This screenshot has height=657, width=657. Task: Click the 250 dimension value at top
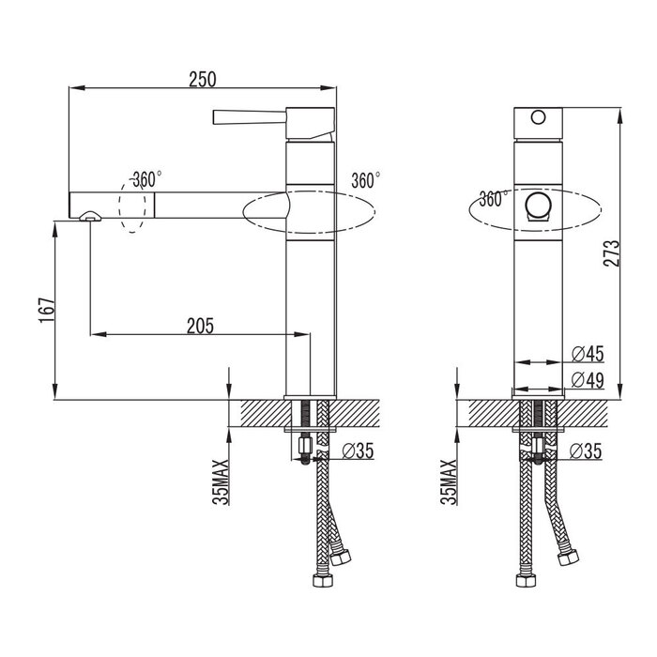[x=203, y=79]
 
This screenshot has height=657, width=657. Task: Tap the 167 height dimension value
[x=47, y=310]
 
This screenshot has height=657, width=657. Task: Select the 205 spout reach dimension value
[x=200, y=326]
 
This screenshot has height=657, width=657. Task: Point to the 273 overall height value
[x=611, y=253]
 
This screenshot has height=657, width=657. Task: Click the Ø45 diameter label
[x=588, y=354]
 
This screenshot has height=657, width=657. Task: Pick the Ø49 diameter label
[x=588, y=380]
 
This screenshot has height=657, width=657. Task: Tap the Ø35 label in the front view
[x=586, y=451]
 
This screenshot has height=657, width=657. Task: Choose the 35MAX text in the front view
[x=450, y=481]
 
